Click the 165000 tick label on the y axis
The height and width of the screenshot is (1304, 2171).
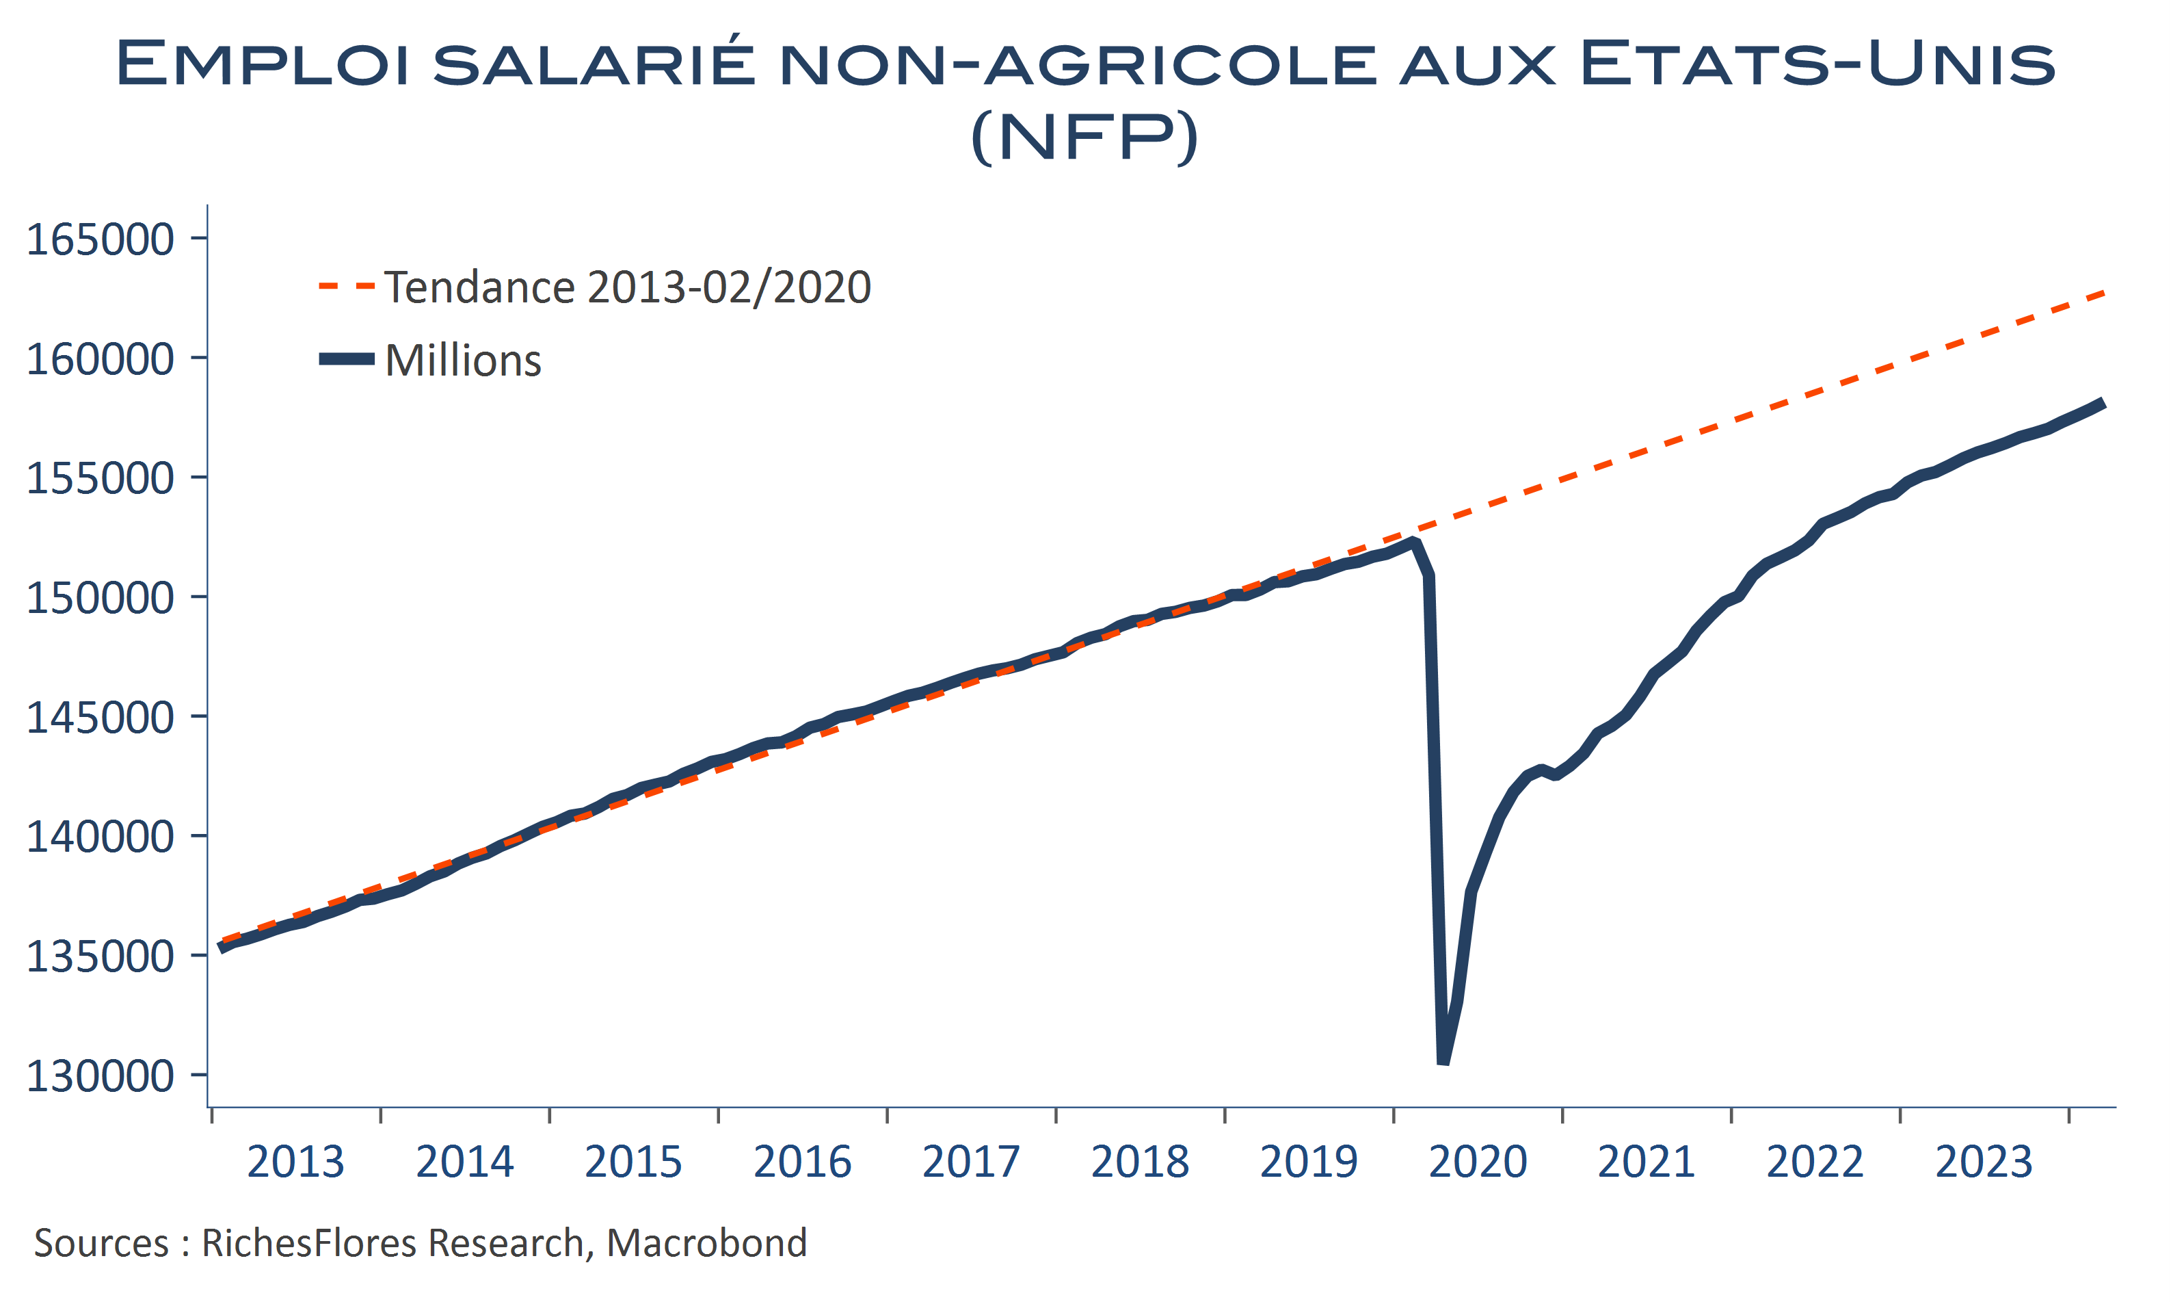pos(100,239)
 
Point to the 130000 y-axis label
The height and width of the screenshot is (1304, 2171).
pos(100,1075)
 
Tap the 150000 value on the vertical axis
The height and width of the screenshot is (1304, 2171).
pos(100,597)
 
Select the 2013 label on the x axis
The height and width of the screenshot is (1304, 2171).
pos(295,1162)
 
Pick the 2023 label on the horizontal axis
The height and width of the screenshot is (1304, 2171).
pos(1984,1162)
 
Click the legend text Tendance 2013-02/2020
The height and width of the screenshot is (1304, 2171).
pos(627,287)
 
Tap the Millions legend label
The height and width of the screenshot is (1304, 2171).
pos(463,361)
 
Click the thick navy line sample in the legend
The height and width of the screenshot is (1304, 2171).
pos(346,358)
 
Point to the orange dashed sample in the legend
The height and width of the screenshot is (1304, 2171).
pos(346,285)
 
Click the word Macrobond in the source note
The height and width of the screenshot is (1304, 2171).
pos(706,1243)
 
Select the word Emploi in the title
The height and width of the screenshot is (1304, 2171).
pos(262,63)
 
